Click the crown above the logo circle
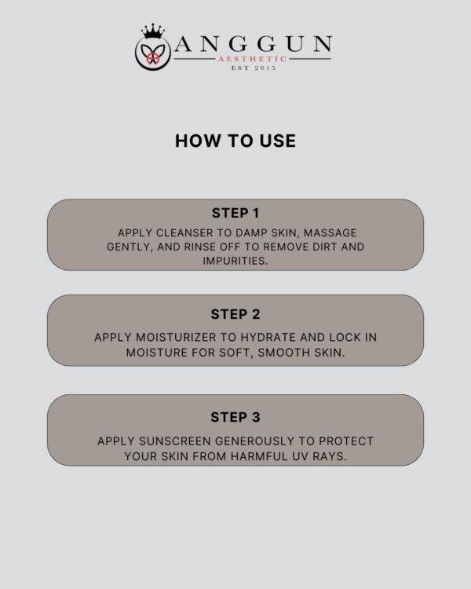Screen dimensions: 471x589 (153, 31)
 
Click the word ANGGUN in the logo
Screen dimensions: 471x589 (253, 43)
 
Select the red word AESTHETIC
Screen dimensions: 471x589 (253, 59)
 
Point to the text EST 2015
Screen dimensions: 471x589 (254, 68)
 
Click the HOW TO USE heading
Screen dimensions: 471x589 (235, 141)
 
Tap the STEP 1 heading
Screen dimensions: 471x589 (235, 213)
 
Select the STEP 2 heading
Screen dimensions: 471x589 (235, 314)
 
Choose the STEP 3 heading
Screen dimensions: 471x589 (235, 417)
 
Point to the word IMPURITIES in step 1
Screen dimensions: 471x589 (235, 261)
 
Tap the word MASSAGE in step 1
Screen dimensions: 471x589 (330, 233)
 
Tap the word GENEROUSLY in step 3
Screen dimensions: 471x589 (254, 441)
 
